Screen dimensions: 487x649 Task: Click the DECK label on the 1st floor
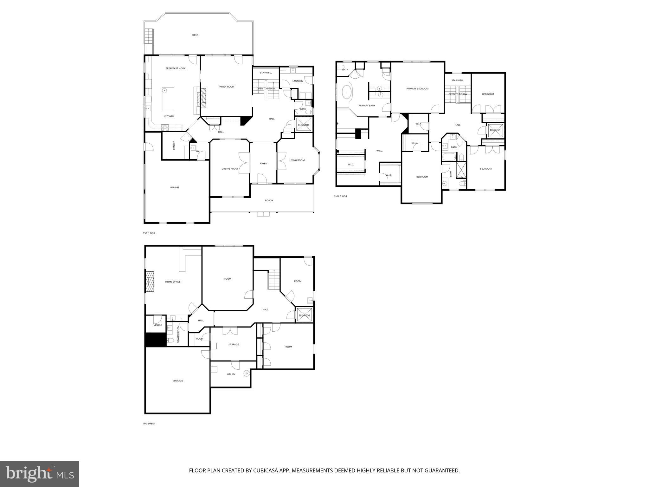coord(195,35)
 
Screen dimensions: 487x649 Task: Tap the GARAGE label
coord(175,187)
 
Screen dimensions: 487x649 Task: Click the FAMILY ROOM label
coord(226,87)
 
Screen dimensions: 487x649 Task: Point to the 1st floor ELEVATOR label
coord(304,125)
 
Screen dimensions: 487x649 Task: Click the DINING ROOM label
coord(229,169)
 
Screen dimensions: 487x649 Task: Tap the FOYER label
coord(263,164)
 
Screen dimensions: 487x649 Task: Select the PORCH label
coord(269,200)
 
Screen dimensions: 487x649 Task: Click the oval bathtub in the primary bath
coord(346,93)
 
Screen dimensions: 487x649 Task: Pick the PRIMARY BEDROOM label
coord(417,89)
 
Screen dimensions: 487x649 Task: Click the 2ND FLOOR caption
coord(340,196)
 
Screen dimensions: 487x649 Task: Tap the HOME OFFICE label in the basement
coord(173,282)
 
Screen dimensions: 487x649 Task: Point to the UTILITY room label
coord(231,374)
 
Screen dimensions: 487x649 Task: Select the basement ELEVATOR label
coord(304,315)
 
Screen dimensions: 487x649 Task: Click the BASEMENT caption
coord(149,424)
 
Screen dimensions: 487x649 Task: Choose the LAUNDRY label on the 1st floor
coord(298,81)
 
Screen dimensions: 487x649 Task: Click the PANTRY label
coord(174,146)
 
